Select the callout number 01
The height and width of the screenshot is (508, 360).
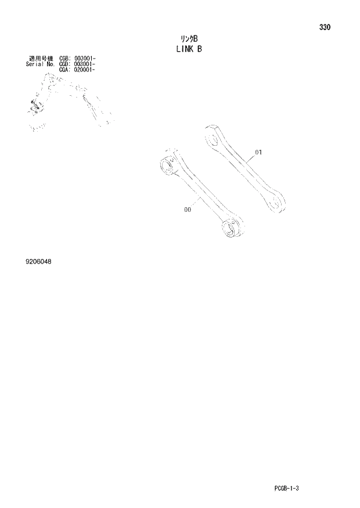(258, 153)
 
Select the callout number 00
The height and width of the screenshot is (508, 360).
(187, 211)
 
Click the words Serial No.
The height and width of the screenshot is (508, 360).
(41, 64)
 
